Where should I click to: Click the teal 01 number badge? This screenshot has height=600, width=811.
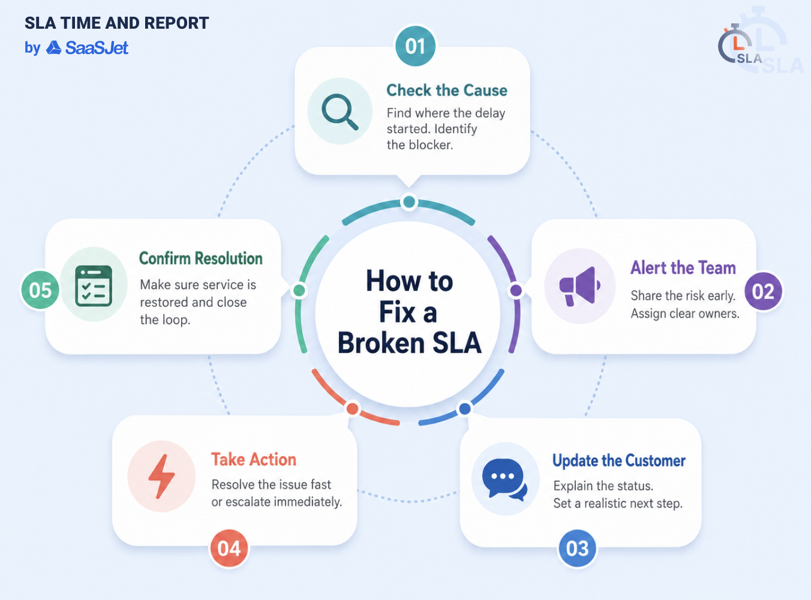[x=415, y=46]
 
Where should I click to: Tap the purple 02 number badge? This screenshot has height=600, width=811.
[x=763, y=291]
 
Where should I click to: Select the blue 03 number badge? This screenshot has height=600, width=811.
[x=577, y=548]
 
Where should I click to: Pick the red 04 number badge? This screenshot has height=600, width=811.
[x=229, y=548]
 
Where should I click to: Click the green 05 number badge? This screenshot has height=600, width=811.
[x=40, y=290]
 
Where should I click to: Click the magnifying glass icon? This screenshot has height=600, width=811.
[x=340, y=112]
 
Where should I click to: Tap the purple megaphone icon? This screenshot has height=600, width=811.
[x=580, y=286]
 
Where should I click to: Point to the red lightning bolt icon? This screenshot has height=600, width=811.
[x=161, y=476]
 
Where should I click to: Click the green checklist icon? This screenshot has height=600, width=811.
[x=93, y=286]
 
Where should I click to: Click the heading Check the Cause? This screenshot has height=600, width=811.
[x=447, y=91]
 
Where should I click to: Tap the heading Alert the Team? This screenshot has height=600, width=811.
[x=683, y=268]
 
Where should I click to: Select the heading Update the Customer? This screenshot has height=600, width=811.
[x=618, y=461]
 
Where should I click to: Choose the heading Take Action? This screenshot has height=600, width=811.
[x=254, y=460]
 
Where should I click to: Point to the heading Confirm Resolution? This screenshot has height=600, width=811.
[x=201, y=258]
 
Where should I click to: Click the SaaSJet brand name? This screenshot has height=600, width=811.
[x=97, y=48]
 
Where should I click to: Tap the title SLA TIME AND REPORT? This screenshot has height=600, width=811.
[x=116, y=23]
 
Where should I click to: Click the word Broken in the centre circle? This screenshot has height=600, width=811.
[x=381, y=343]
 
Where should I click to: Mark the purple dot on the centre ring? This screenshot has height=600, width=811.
[x=515, y=290]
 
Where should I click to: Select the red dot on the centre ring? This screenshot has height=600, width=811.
[x=353, y=409]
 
